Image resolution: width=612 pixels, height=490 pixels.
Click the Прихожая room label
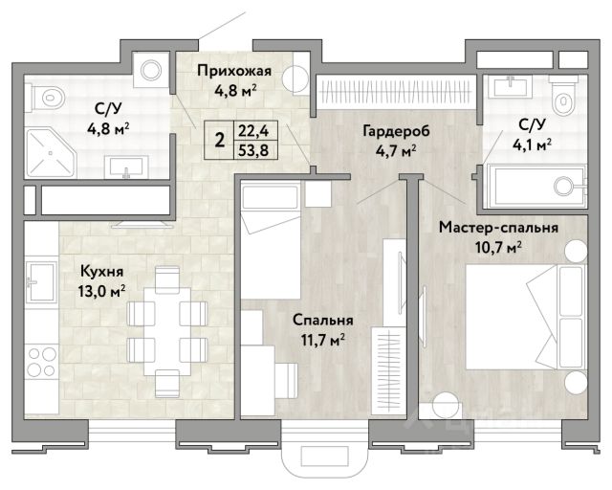tap(233, 71)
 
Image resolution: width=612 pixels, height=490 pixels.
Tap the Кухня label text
tap(102, 271)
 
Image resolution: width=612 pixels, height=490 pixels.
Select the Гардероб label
tap(396, 131)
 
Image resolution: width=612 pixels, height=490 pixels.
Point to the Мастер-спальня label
tap(498, 228)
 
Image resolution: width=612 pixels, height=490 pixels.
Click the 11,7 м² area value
tap(322, 340)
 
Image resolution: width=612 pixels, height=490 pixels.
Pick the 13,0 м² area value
tap(102, 291)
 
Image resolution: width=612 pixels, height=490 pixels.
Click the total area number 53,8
tap(253, 150)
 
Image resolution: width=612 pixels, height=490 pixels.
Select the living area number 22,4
tap(253, 130)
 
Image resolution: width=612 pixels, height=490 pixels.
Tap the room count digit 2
tap(220, 140)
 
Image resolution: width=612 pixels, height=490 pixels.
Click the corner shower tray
tap(51, 152)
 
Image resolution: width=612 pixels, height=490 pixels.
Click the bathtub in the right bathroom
tap(535, 187)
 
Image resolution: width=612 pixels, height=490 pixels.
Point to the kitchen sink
tap(41, 281)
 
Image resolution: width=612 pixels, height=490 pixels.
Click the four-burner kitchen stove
tap(41, 362)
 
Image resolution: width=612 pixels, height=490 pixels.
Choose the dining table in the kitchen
tap(167, 331)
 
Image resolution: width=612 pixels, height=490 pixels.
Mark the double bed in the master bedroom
tap(526, 317)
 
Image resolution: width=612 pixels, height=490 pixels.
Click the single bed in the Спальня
tap(271, 240)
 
